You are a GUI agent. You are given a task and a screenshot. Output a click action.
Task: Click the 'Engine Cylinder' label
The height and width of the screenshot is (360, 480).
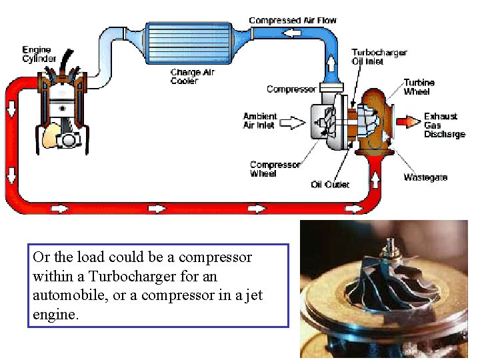[39, 54]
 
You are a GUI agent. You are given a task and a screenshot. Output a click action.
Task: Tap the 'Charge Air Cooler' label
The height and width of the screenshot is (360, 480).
[193, 77]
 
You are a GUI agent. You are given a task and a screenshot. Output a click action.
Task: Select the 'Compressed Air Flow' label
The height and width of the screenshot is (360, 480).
[293, 21]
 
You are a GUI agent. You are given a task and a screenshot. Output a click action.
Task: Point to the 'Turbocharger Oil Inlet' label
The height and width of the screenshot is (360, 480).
[379, 57]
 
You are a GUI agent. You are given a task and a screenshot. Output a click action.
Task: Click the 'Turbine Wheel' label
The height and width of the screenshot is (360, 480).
[419, 87]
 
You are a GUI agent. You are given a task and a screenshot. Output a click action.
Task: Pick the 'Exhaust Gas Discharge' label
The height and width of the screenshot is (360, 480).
[444, 125]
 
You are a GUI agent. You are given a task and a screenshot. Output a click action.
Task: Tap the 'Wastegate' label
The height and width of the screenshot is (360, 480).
[425, 177]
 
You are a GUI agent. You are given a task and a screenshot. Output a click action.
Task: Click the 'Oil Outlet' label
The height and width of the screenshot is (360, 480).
[330, 184]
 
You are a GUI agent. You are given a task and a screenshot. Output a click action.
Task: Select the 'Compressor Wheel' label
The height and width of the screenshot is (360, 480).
[275, 169]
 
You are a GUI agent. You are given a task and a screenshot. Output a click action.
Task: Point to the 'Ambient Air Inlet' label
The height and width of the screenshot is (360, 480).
[259, 121]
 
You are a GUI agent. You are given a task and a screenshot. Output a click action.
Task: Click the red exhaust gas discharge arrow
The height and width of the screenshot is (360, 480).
[405, 122]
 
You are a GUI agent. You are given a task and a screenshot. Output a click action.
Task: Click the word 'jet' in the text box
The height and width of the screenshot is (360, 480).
[252, 295]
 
